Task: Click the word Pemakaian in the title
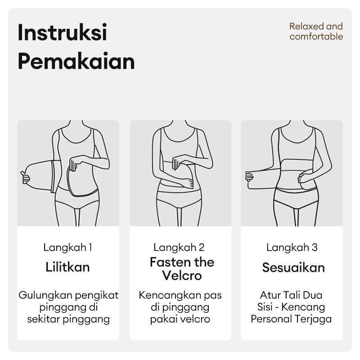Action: [76, 61]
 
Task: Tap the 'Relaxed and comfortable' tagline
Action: [316, 31]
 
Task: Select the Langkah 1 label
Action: [68, 247]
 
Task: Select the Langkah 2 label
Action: [179, 247]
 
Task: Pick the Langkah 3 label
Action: [292, 247]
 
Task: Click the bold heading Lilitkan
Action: [68, 267]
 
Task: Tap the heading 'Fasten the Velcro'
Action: [182, 269]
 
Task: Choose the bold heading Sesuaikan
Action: [293, 268]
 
